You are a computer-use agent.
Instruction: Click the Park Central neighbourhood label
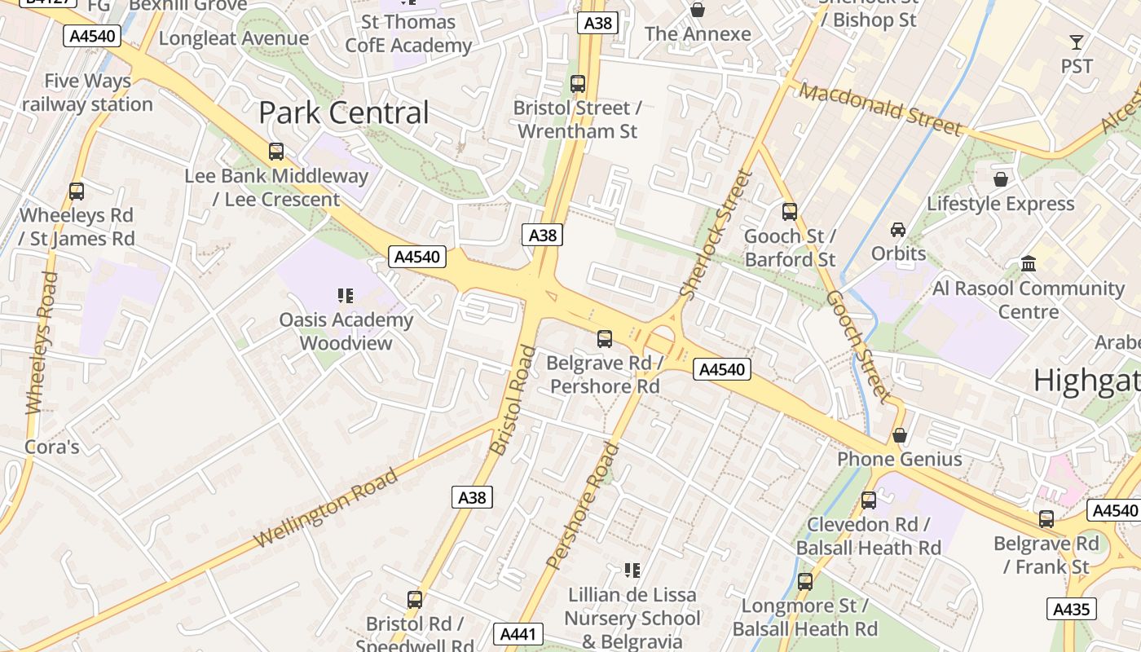[x=343, y=113]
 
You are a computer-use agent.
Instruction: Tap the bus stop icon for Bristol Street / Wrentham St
[x=578, y=84]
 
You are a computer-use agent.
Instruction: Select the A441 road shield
[x=518, y=634]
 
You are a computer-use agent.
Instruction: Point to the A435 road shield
[x=1072, y=609]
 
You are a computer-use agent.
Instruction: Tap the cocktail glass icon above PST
[x=1077, y=42]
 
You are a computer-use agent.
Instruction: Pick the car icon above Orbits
[x=898, y=230]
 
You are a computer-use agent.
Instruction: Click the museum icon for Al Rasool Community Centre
[x=1029, y=264]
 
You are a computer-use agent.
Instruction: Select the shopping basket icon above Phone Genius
[x=900, y=435]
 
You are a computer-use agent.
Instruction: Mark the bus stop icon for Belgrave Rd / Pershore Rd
[x=604, y=339]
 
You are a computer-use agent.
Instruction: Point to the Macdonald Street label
[x=880, y=108]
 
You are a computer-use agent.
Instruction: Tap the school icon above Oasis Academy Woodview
[x=345, y=296]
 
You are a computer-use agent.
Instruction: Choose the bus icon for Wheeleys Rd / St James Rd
[x=77, y=192]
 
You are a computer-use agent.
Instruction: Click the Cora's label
[x=52, y=447]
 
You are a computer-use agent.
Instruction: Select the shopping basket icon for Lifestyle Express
[x=1001, y=179]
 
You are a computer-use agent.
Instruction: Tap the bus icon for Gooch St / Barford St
[x=789, y=212]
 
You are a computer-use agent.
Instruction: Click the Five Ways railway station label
[x=87, y=93]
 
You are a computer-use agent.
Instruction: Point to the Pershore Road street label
[x=582, y=505]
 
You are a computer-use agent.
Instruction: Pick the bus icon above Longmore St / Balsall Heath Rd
[x=804, y=582]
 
